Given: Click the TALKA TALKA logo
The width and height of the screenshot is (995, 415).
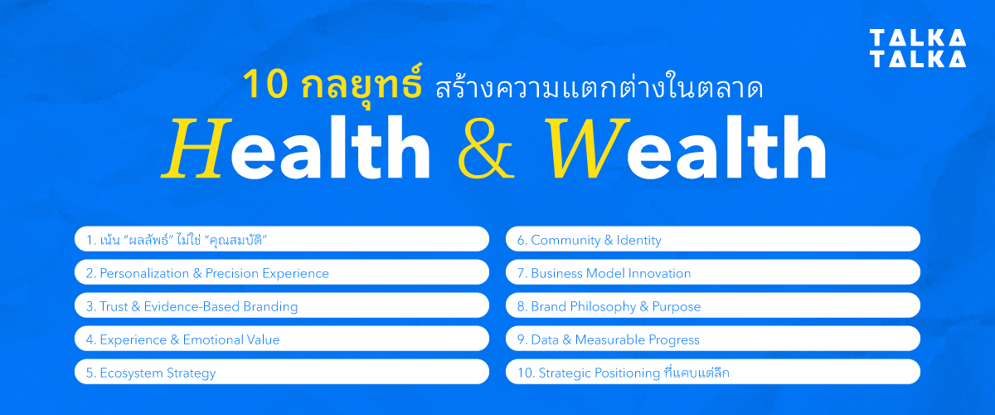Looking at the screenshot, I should pos(917,48).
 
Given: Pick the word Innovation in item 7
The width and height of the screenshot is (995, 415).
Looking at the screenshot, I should pos(659,273).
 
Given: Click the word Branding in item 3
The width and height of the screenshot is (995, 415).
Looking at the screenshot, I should pos(268,306).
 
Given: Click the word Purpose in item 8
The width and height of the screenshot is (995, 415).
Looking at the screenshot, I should pos(677,306).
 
